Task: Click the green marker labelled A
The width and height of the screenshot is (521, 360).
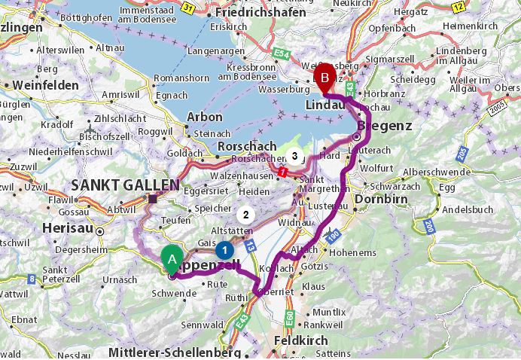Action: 172,260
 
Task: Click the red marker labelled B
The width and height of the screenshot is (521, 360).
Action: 325,76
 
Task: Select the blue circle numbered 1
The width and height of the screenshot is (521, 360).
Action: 224,249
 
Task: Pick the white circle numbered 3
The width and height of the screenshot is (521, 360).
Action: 294,157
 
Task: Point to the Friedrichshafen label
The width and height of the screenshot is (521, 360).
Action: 261,13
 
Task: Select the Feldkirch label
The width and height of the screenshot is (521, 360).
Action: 302,340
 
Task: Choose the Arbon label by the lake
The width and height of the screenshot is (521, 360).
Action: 204,117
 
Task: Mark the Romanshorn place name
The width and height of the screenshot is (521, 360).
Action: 177,78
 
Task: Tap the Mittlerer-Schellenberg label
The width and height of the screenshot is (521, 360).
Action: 175,352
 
